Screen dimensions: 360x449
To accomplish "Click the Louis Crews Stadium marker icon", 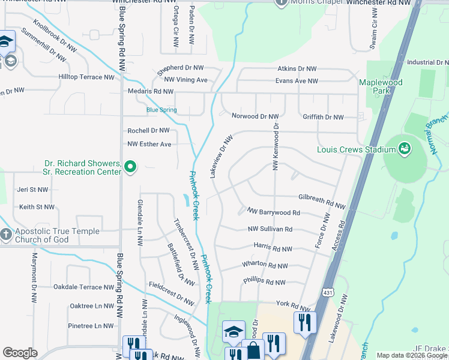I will click(405, 148).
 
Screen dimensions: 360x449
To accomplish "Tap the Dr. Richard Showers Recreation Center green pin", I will click(131, 167).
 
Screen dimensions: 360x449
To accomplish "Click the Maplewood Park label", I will click(381, 86).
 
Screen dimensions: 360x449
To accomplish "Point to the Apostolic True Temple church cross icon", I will click(6, 235).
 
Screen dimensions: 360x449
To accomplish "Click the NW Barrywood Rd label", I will click(273, 212).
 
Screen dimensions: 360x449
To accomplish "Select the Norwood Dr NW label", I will click(255, 116).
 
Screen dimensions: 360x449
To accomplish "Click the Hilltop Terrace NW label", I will click(86, 77).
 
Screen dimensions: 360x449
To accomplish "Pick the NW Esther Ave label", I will click(149, 144).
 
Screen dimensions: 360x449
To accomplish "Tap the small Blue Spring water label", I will click(161, 110).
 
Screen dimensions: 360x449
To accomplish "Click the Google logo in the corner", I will click(20, 352).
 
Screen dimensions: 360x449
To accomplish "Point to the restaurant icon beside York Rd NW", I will click(305, 322).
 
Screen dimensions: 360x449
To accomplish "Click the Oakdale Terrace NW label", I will click(83, 287).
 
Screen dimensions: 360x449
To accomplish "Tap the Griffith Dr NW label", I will click(323, 118).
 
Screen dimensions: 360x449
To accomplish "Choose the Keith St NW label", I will click(37, 207).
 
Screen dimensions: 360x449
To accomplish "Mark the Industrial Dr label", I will click(427, 62).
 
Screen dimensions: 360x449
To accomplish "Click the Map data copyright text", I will click(412, 355).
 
